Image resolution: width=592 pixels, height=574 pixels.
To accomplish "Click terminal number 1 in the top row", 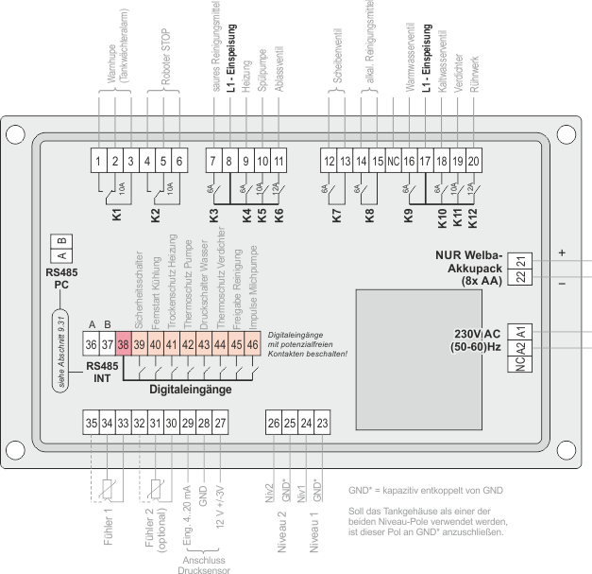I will tap(99, 161).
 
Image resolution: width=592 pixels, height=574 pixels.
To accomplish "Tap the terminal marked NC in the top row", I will tap(393, 161).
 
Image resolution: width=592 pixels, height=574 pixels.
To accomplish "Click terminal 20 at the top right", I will tap(473, 161).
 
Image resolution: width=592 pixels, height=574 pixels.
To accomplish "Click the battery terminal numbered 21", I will tap(521, 260).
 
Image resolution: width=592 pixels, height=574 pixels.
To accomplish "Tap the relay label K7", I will tap(337, 216).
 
